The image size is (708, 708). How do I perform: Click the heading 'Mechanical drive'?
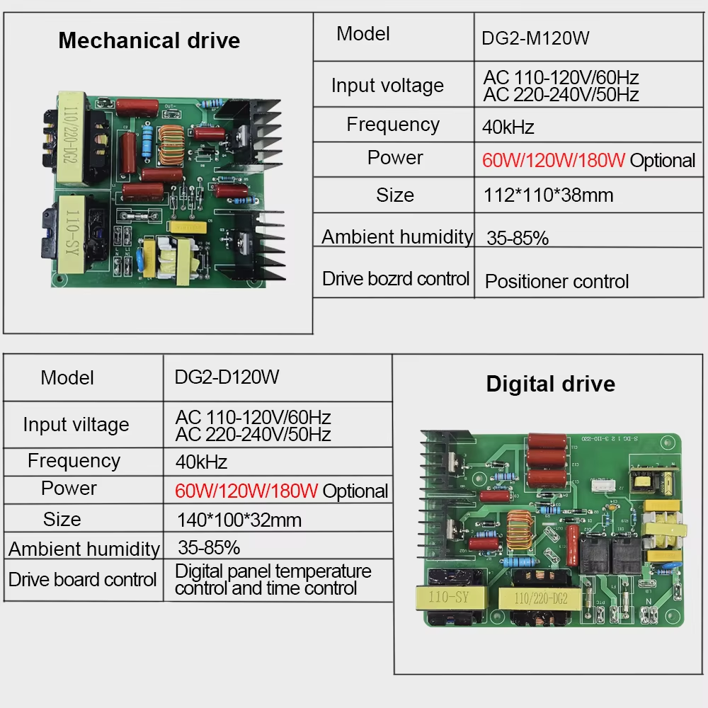click(x=149, y=40)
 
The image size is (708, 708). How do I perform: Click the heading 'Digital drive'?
click(x=550, y=384)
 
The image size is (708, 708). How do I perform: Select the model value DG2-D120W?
click(x=227, y=377)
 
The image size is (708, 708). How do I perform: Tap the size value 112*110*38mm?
click(x=548, y=195)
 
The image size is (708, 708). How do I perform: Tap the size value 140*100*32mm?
click(x=239, y=520)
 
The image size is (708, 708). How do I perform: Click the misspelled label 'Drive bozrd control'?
click(x=395, y=278)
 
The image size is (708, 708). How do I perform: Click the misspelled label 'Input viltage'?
click(x=76, y=425)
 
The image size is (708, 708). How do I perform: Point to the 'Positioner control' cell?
click(x=556, y=282)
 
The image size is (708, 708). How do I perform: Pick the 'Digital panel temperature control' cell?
click(x=273, y=579)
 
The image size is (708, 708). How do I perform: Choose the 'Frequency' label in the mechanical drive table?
click(x=393, y=125)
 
